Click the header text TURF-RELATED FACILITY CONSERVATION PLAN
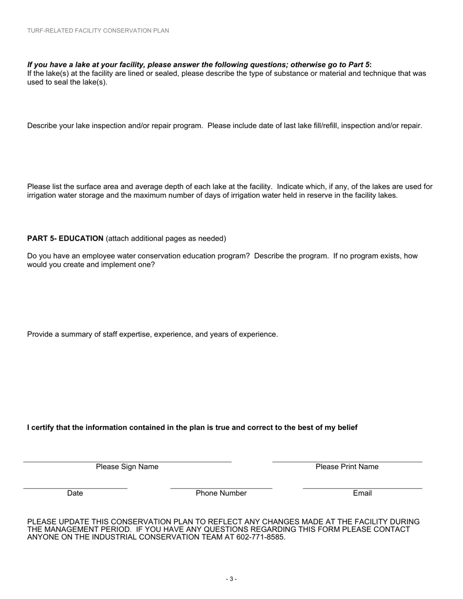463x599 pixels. (x=98, y=31)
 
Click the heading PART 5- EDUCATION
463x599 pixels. (x=65, y=239)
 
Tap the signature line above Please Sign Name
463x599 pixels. (x=127, y=462)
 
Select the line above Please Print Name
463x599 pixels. (x=347, y=462)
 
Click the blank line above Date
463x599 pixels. (x=75, y=488)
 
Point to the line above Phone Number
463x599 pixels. (x=221, y=488)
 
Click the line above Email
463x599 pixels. (x=362, y=488)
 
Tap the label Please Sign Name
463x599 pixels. (x=127, y=467)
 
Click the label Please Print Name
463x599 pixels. (x=347, y=467)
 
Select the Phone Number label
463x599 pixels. (x=221, y=493)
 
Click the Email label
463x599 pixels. (x=362, y=493)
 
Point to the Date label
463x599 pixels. (x=75, y=493)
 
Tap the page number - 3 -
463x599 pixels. (x=231, y=579)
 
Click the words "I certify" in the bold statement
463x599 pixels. (x=41, y=428)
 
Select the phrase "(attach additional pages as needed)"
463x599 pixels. (x=166, y=239)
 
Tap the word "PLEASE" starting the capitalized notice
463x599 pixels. (x=42, y=522)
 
